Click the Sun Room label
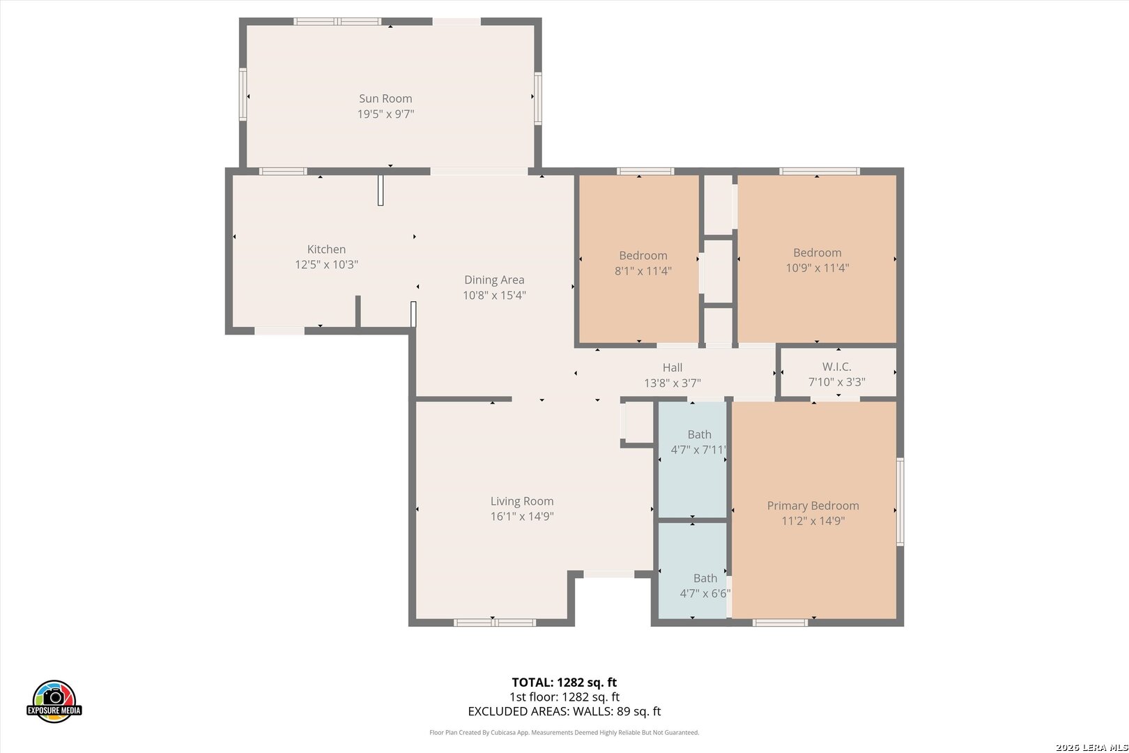(385, 98)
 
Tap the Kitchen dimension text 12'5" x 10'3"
(326, 264)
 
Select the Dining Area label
(494, 280)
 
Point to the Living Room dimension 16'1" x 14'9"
(522, 517)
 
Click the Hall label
(673, 367)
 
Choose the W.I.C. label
(837, 367)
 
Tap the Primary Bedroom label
(813, 506)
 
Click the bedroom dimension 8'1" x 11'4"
(643, 271)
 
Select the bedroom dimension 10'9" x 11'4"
(817, 268)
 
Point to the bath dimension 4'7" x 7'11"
(698, 450)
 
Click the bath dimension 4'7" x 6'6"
(705, 593)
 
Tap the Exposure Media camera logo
(54, 701)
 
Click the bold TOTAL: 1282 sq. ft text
(564, 683)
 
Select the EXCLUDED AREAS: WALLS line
(564, 711)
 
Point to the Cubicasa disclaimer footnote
(564, 732)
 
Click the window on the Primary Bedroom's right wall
(900, 502)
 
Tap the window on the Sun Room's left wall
(243, 94)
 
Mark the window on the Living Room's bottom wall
(494, 623)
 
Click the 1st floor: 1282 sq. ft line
(564, 697)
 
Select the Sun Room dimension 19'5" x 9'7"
(385, 114)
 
